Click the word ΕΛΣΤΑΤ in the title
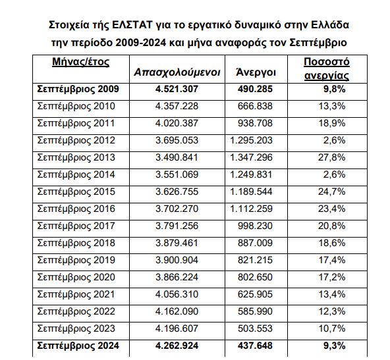[x=132, y=25]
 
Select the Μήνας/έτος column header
[x=80, y=62]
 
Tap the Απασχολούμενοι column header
[x=177, y=72]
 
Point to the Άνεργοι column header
[x=256, y=72]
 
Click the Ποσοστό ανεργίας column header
[x=327, y=69]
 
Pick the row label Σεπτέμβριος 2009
[x=78, y=90]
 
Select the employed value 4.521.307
[x=177, y=89]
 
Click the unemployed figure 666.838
[x=255, y=106]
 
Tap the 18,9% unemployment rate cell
[x=332, y=123]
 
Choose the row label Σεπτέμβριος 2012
[x=76, y=141]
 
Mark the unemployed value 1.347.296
[x=252, y=157]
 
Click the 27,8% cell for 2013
[x=332, y=157]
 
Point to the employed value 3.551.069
[x=177, y=174]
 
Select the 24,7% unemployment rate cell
[x=332, y=192]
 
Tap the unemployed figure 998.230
[x=255, y=226]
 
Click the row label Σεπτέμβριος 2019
[x=76, y=261]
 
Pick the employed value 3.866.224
[x=177, y=277]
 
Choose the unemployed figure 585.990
[x=255, y=311]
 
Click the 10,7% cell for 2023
[x=332, y=328]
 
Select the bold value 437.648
[x=255, y=346]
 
